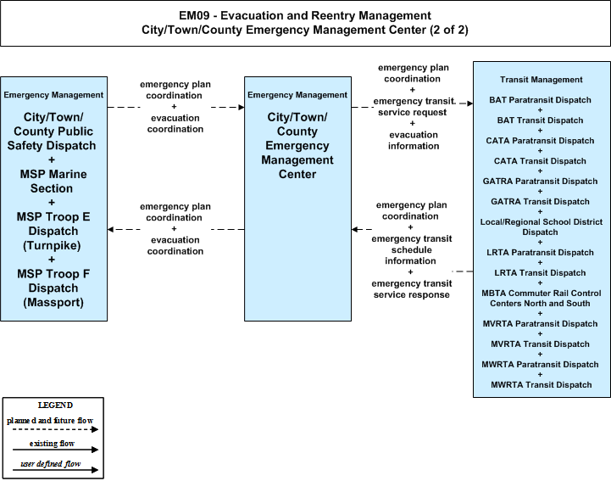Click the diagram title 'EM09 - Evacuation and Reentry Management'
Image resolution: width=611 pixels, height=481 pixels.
305,15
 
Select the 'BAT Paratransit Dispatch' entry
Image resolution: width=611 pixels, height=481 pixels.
540,100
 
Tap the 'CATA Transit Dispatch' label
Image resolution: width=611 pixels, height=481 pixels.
540,160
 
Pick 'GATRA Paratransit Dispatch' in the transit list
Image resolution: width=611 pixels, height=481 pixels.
540,181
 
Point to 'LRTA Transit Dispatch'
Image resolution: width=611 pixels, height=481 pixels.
540,272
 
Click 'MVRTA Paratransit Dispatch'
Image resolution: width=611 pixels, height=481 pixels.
540,323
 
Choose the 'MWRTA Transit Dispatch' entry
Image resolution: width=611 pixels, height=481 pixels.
542,384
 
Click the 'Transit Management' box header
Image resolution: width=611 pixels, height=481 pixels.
542,80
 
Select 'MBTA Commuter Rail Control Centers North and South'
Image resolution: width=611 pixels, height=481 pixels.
542,298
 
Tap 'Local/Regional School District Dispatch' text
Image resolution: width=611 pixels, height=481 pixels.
542,227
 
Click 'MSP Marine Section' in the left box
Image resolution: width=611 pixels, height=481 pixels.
53,181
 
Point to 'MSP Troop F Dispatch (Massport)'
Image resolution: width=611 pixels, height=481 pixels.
53,288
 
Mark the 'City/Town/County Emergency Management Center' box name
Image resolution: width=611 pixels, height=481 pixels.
297,146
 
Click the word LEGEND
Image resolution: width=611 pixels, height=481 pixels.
55,405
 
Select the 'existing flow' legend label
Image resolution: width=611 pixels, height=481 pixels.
52,443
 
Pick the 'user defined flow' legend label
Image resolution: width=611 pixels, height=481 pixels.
51,464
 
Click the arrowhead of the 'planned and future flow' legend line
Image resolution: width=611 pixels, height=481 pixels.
95,429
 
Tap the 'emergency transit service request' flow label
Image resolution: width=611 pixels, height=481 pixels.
414,107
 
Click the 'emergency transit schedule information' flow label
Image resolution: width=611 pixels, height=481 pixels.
412,249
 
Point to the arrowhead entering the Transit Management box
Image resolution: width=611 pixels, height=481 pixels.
470,103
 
